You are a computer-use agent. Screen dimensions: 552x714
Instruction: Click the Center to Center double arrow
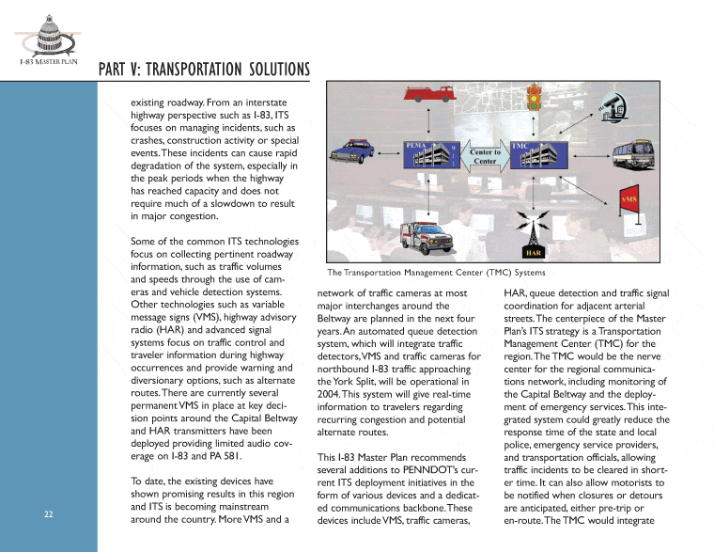coord(485,157)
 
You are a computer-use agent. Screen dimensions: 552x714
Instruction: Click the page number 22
coord(47,513)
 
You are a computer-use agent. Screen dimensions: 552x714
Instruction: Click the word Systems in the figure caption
coord(525,273)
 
